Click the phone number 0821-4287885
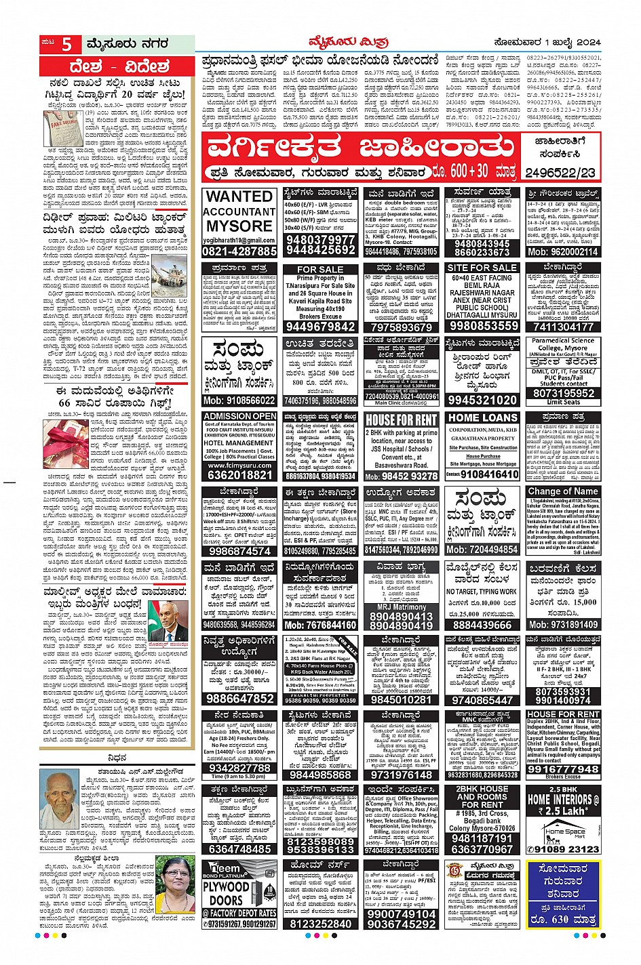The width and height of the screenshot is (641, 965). pos(239,251)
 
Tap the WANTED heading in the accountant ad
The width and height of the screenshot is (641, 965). pos(239,197)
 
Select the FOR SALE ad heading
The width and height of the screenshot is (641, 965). pos(320,269)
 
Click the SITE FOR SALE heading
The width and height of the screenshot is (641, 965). pos(482,268)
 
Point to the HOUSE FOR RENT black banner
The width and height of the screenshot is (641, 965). pos(402,420)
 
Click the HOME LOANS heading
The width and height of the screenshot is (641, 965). pos(482,418)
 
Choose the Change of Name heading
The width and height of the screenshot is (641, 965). pos(563,491)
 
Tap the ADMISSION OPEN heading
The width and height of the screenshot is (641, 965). pos(239,416)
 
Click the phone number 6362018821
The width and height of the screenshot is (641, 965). pos(239,476)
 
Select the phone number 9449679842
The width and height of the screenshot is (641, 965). pos(320,327)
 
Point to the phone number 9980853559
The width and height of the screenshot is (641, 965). pos(482,326)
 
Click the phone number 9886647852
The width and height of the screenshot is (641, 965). pos(239,699)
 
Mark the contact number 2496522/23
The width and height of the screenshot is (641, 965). pos(560,173)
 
